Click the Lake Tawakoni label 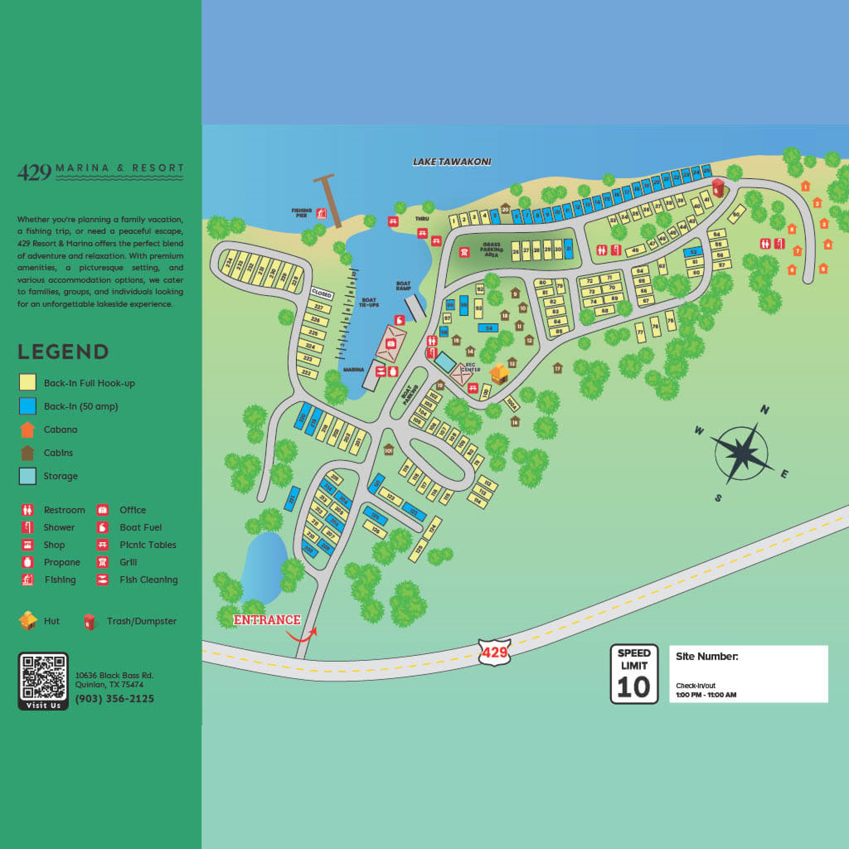pyautogui.click(x=452, y=162)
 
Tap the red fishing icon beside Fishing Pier pyautogui.click(x=322, y=213)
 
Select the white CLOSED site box pyautogui.click(x=322, y=294)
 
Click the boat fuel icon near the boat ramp pyautogui.click(x=399, y=320)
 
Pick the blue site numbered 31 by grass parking pyautogui.click(x=568, y=249)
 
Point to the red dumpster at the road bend pyautogui.click(x=718, y=188)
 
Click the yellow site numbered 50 pyautogui.click(x=737, y=213)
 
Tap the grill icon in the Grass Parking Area pyautogui.click(x=464, y=252)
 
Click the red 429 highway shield pyautogui.click(x=495, y=652)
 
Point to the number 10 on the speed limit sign pyautogui.click(x=633, y=687)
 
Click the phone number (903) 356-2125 pyautogui.click(x=115, y=699)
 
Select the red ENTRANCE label pyautogui.click(x=267, y=620)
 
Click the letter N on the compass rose pyautogui.click(x=764, y=410)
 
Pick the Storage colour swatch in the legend pyautogui.click(x=27, y=476)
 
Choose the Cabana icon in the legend pyautogui.click(x=27, y=430)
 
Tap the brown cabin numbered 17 pyautogui.click(x=558, y=368)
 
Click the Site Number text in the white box pyautogui.click(x=707, y=657)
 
